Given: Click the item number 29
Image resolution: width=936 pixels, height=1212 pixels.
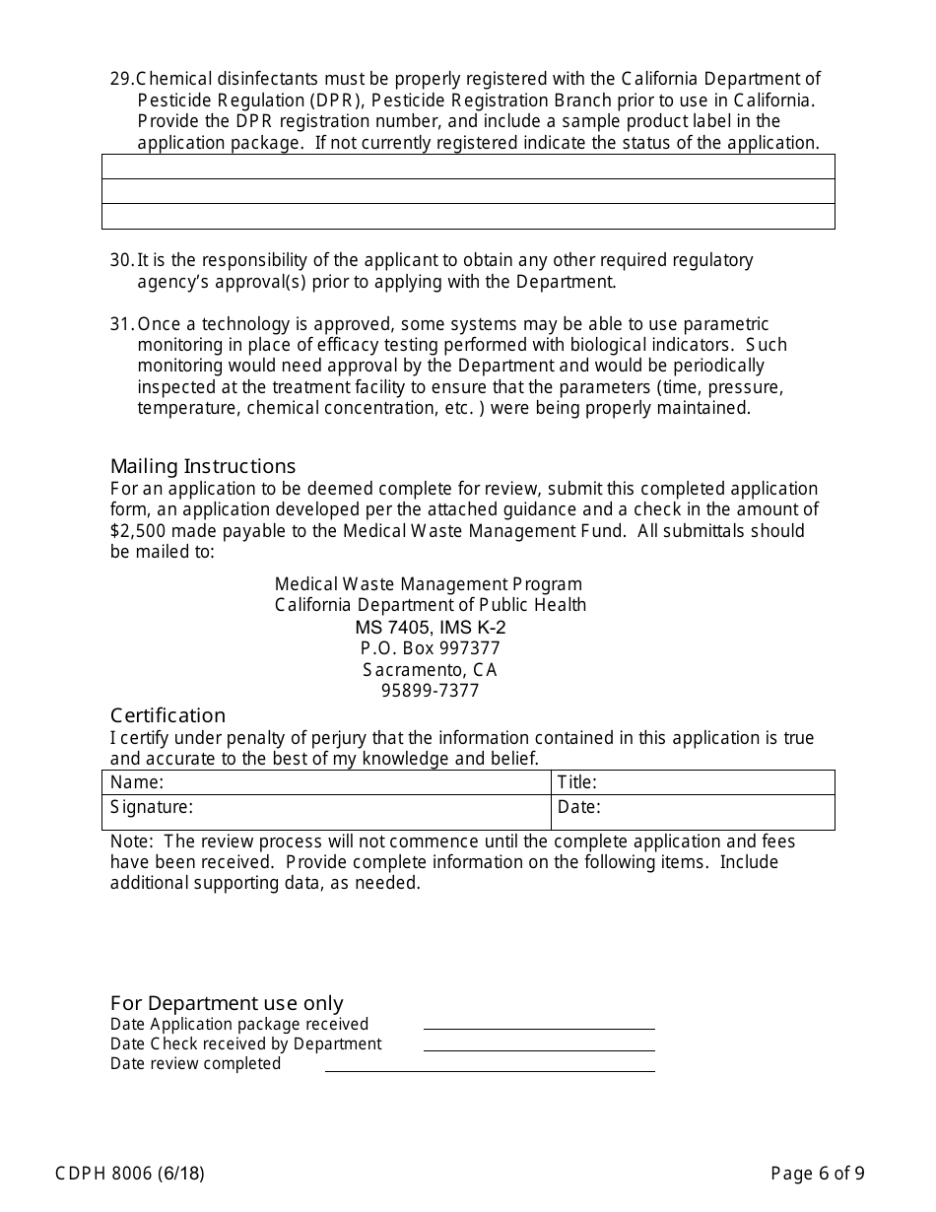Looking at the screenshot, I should [x=121, y=79].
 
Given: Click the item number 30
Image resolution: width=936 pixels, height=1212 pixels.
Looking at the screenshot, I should [x=121, y=260].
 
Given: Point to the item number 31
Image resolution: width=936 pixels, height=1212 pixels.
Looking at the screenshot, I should [x=121, y=324].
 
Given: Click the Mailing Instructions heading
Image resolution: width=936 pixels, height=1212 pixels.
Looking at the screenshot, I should [x=202, y=466].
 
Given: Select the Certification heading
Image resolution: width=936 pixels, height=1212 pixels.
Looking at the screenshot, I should [x=167, y=715].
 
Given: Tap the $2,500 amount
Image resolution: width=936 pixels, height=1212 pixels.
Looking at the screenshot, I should [x=137, y=531].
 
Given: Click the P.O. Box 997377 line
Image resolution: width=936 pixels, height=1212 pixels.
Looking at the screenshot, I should [x=431, y=648].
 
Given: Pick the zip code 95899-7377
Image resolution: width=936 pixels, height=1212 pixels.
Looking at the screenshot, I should [x=431, y=691].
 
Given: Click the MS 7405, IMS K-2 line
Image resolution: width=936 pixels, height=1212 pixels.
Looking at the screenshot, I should [x=431, y=628].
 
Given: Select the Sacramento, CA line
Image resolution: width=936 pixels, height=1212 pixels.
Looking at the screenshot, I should [x=431, y=670].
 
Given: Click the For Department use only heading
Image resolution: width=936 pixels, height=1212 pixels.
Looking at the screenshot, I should [x=227, y=1003].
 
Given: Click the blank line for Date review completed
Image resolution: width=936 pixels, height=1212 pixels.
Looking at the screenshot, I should [x=490, y=1065].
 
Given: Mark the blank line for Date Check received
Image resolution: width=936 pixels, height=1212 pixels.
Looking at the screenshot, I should [x=539, y=1044].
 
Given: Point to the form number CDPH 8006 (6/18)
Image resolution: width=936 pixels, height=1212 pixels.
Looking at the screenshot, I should [x=130, y=1173].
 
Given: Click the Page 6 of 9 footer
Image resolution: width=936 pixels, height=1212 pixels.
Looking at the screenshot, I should [x=818, y=1173].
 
